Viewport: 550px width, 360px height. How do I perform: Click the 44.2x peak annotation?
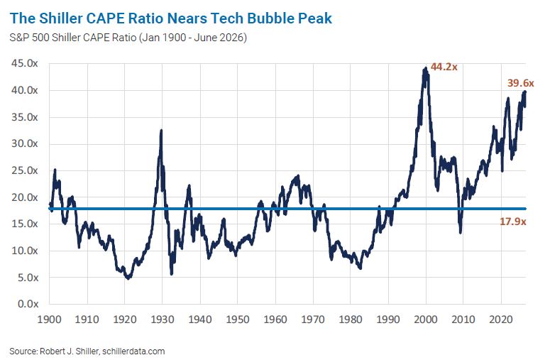[x=444, y=67]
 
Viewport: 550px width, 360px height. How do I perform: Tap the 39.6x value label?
[x=520, y=83]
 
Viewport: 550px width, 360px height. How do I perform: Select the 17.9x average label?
[x=513, y=222]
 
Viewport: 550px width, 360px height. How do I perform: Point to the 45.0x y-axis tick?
[x=25, y=63]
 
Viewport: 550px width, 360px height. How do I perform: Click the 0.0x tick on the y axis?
[x=28, y=304]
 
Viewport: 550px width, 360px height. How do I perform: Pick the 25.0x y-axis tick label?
[x=25, y=170]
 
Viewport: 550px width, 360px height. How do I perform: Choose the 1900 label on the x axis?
[x=50, y=320]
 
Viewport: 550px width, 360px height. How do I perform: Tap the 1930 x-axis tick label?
[x=162, y=320]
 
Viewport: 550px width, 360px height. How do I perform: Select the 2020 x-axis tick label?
[x=501, y=320]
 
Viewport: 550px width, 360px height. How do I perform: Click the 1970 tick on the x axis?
[x=313, y=320]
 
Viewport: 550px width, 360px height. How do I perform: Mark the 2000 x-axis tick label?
[x=426, y=320]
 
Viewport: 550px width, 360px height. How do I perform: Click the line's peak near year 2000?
[x=426, y=68]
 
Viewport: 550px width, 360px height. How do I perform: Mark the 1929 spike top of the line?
[x=161, y=131]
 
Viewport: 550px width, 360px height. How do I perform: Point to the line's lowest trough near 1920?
[x=128, y=278]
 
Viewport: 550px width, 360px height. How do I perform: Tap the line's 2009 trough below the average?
[x=460, y=232]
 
